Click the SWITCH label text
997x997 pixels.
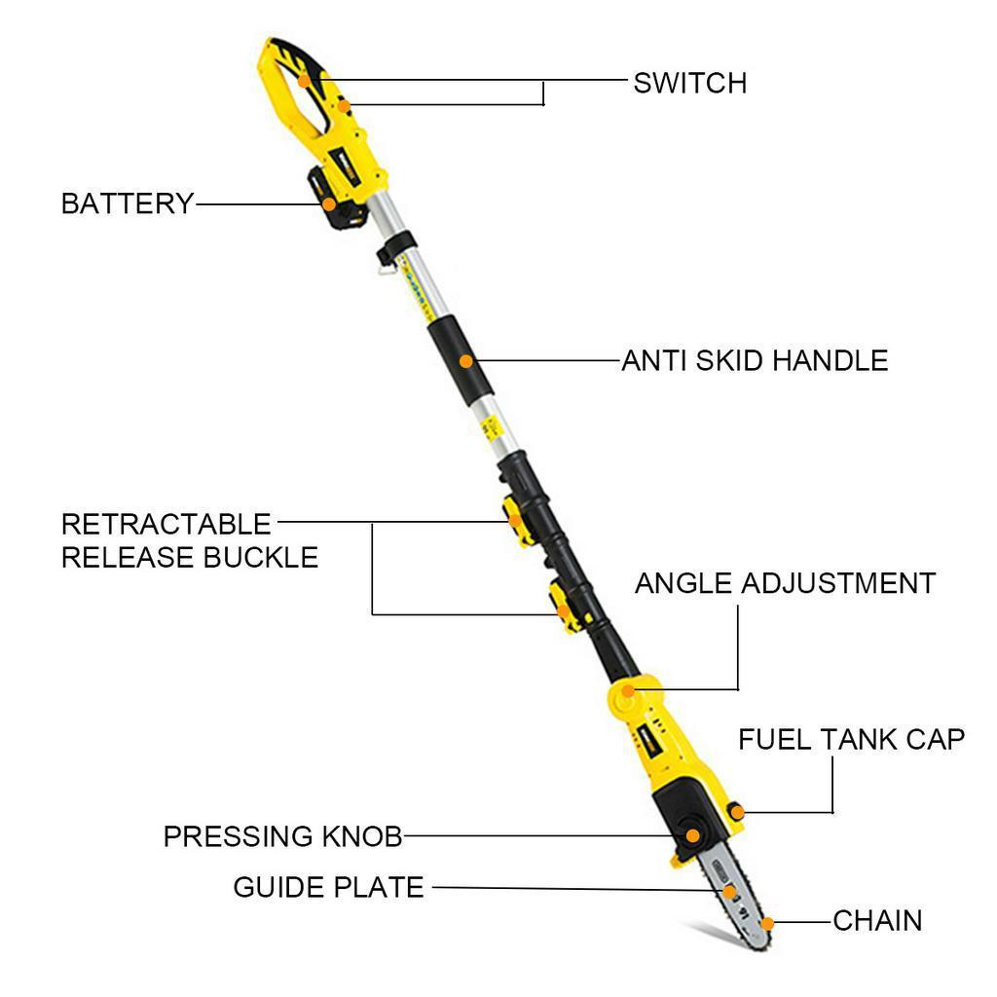pos(689,83)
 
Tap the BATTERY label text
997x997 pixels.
pos(128,204)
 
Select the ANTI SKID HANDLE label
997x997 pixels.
pos(755,361)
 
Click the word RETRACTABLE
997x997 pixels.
pos(166,524)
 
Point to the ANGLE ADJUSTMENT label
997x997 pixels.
pos(785,583)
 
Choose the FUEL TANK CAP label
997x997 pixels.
pos(851,739)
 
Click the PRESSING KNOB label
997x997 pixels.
pos(282,836)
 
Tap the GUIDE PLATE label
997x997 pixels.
pos(328,887)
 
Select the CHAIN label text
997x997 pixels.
pos(877,920)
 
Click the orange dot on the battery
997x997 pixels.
pos(330,204)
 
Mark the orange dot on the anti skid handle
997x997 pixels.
pos(466,361)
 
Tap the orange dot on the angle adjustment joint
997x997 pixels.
pos(628,691)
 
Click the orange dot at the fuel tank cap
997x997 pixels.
pos(737,810)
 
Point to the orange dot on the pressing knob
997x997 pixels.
pos(692,834)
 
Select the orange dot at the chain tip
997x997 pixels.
pos(767,922)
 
